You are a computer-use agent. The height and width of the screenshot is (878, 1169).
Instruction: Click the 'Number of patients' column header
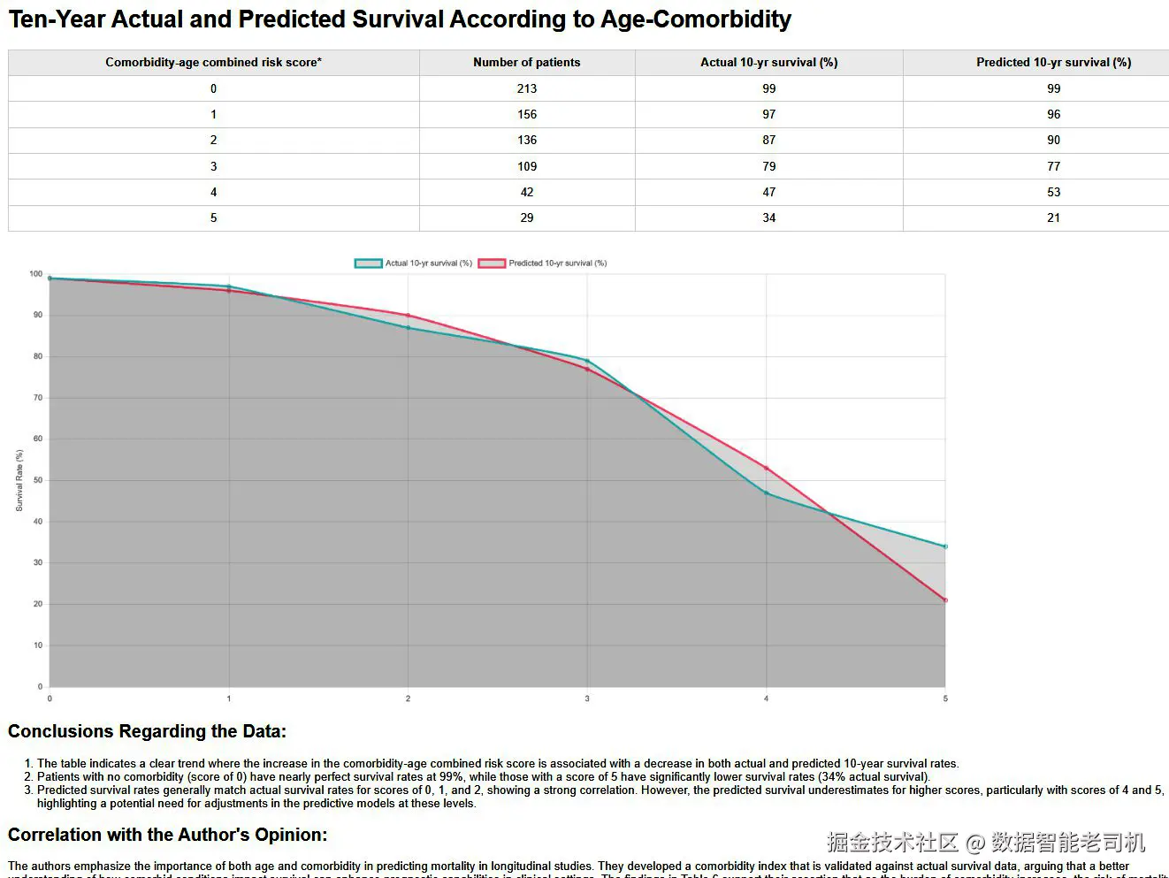point(526,62)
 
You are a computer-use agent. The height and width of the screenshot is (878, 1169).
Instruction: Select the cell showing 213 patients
point(526,88)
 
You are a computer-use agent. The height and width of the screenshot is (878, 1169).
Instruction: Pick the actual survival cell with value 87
point(768,140)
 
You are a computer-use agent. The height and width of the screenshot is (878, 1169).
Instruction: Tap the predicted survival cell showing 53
point(1053,192)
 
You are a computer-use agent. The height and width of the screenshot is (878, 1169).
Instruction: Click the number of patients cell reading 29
point(526,218)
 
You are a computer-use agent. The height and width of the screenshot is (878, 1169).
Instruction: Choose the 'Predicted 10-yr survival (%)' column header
point(1053,62)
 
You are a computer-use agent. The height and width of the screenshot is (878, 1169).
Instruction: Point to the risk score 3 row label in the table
point(213,166)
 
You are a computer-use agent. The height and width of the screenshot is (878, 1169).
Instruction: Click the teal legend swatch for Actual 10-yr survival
point(368,263)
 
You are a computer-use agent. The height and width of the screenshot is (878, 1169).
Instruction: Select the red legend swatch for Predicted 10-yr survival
point(492,263)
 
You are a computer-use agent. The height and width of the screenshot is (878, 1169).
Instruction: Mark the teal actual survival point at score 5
point(945,546)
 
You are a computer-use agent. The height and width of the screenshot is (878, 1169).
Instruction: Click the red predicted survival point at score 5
point(945,600)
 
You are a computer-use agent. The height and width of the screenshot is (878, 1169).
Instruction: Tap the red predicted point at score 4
point(766,468)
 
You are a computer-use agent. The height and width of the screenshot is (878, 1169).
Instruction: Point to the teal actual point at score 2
point(408,327)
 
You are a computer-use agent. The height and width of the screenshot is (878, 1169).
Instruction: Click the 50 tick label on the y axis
point(38,480)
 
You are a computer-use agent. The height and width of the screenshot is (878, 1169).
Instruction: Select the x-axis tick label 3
point(587,699)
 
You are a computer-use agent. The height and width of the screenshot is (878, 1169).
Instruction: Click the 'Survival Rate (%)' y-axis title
point(19,480)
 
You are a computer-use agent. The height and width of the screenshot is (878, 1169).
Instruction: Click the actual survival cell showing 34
point(768,218)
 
